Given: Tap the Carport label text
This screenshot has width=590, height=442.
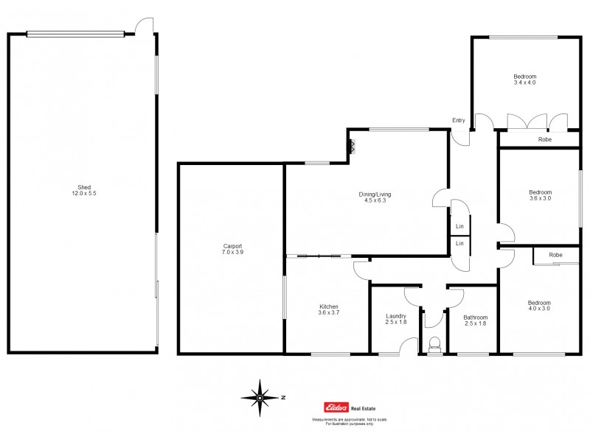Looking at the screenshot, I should pyautogui.click(x=232, y=246).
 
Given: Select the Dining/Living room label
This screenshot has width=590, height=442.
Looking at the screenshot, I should pyautogui.click(x=372, y=194).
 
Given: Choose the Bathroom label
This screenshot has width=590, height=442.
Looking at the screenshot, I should pyautogui.click(x=475, y=318).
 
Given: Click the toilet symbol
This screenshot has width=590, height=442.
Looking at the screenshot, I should pyautogui.click(x=434, y=343).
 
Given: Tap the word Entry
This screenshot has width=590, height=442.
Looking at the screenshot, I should pyautogui.click(x=459, y=121).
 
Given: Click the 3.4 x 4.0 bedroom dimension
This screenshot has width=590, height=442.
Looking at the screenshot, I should pyautogui.click(x=524, y=83).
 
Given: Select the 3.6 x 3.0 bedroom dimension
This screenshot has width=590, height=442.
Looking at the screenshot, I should pyautogui.click(x=540, y=197).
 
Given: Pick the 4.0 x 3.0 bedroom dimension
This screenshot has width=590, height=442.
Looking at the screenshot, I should pyautogui.click(x=538, y=308).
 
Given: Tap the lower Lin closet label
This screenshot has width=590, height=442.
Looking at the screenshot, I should pyautogui.click(x=459, y=243).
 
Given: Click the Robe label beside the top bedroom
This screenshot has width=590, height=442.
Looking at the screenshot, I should pyautogui.click(x=545, y=139).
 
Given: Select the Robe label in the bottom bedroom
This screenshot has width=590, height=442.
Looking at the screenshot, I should pyautogui.click(x=555, y=255).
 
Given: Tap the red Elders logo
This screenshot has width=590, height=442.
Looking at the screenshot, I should pyautogui.click(x=336, y=406).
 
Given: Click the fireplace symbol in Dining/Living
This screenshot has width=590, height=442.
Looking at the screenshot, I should pyautogui.click(x=353, y=146).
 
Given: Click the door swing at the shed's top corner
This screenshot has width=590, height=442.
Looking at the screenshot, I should pyautogui.click(x=147, y=26).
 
